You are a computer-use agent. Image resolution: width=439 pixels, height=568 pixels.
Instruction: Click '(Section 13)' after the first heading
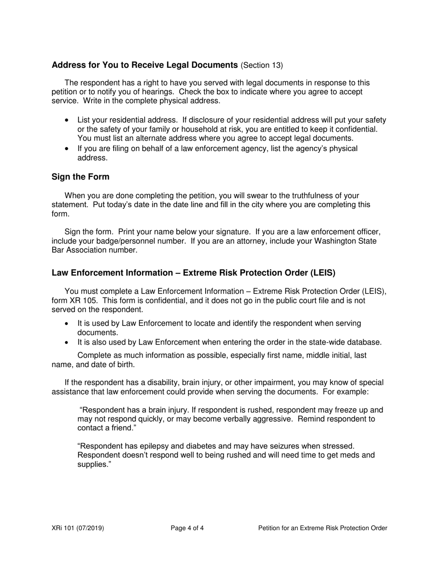[x=262, y=65]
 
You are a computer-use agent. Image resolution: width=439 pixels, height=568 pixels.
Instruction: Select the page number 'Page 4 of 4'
[x=187, y=528]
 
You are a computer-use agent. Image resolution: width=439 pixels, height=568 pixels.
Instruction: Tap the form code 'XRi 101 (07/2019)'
[x=78, y=528]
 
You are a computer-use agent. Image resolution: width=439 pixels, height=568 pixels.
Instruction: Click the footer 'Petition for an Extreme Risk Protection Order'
[x=323, y=528]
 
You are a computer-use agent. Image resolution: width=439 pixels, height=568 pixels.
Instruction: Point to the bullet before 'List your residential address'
[x=67, y=121]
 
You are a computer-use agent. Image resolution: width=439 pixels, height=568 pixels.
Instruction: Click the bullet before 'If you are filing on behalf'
[x=67, y=149]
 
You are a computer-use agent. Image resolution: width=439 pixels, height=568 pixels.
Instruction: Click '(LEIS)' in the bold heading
[x=323, y=273]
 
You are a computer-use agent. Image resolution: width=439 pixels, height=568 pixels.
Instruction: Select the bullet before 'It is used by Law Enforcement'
[x=67, y=324]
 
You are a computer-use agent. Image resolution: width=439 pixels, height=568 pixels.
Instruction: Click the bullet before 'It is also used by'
[x=67, y=343]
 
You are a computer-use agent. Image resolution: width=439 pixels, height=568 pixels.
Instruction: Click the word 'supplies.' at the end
[x=94, y=464]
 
